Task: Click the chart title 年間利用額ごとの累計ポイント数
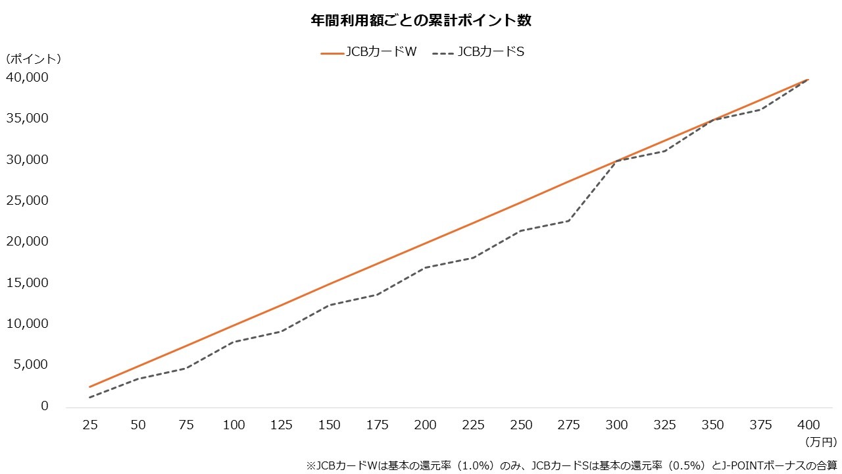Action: (x=421, y=20)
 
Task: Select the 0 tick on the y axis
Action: (x=45, y=406)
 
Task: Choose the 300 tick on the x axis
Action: (x=618, y=425)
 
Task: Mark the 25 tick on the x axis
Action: (x=90, y=425)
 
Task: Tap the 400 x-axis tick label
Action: (x=809, y=425)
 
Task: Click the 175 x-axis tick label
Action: (x=378, y=425)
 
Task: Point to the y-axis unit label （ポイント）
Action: (x=34, y=59)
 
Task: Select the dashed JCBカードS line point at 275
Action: (x=570, y=221)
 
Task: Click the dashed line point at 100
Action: (x=234, y=342)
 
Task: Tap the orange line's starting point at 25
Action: (x=90, y=386)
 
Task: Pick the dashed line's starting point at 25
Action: (x=90, y=397)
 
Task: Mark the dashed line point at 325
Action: (x=666, y=151)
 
